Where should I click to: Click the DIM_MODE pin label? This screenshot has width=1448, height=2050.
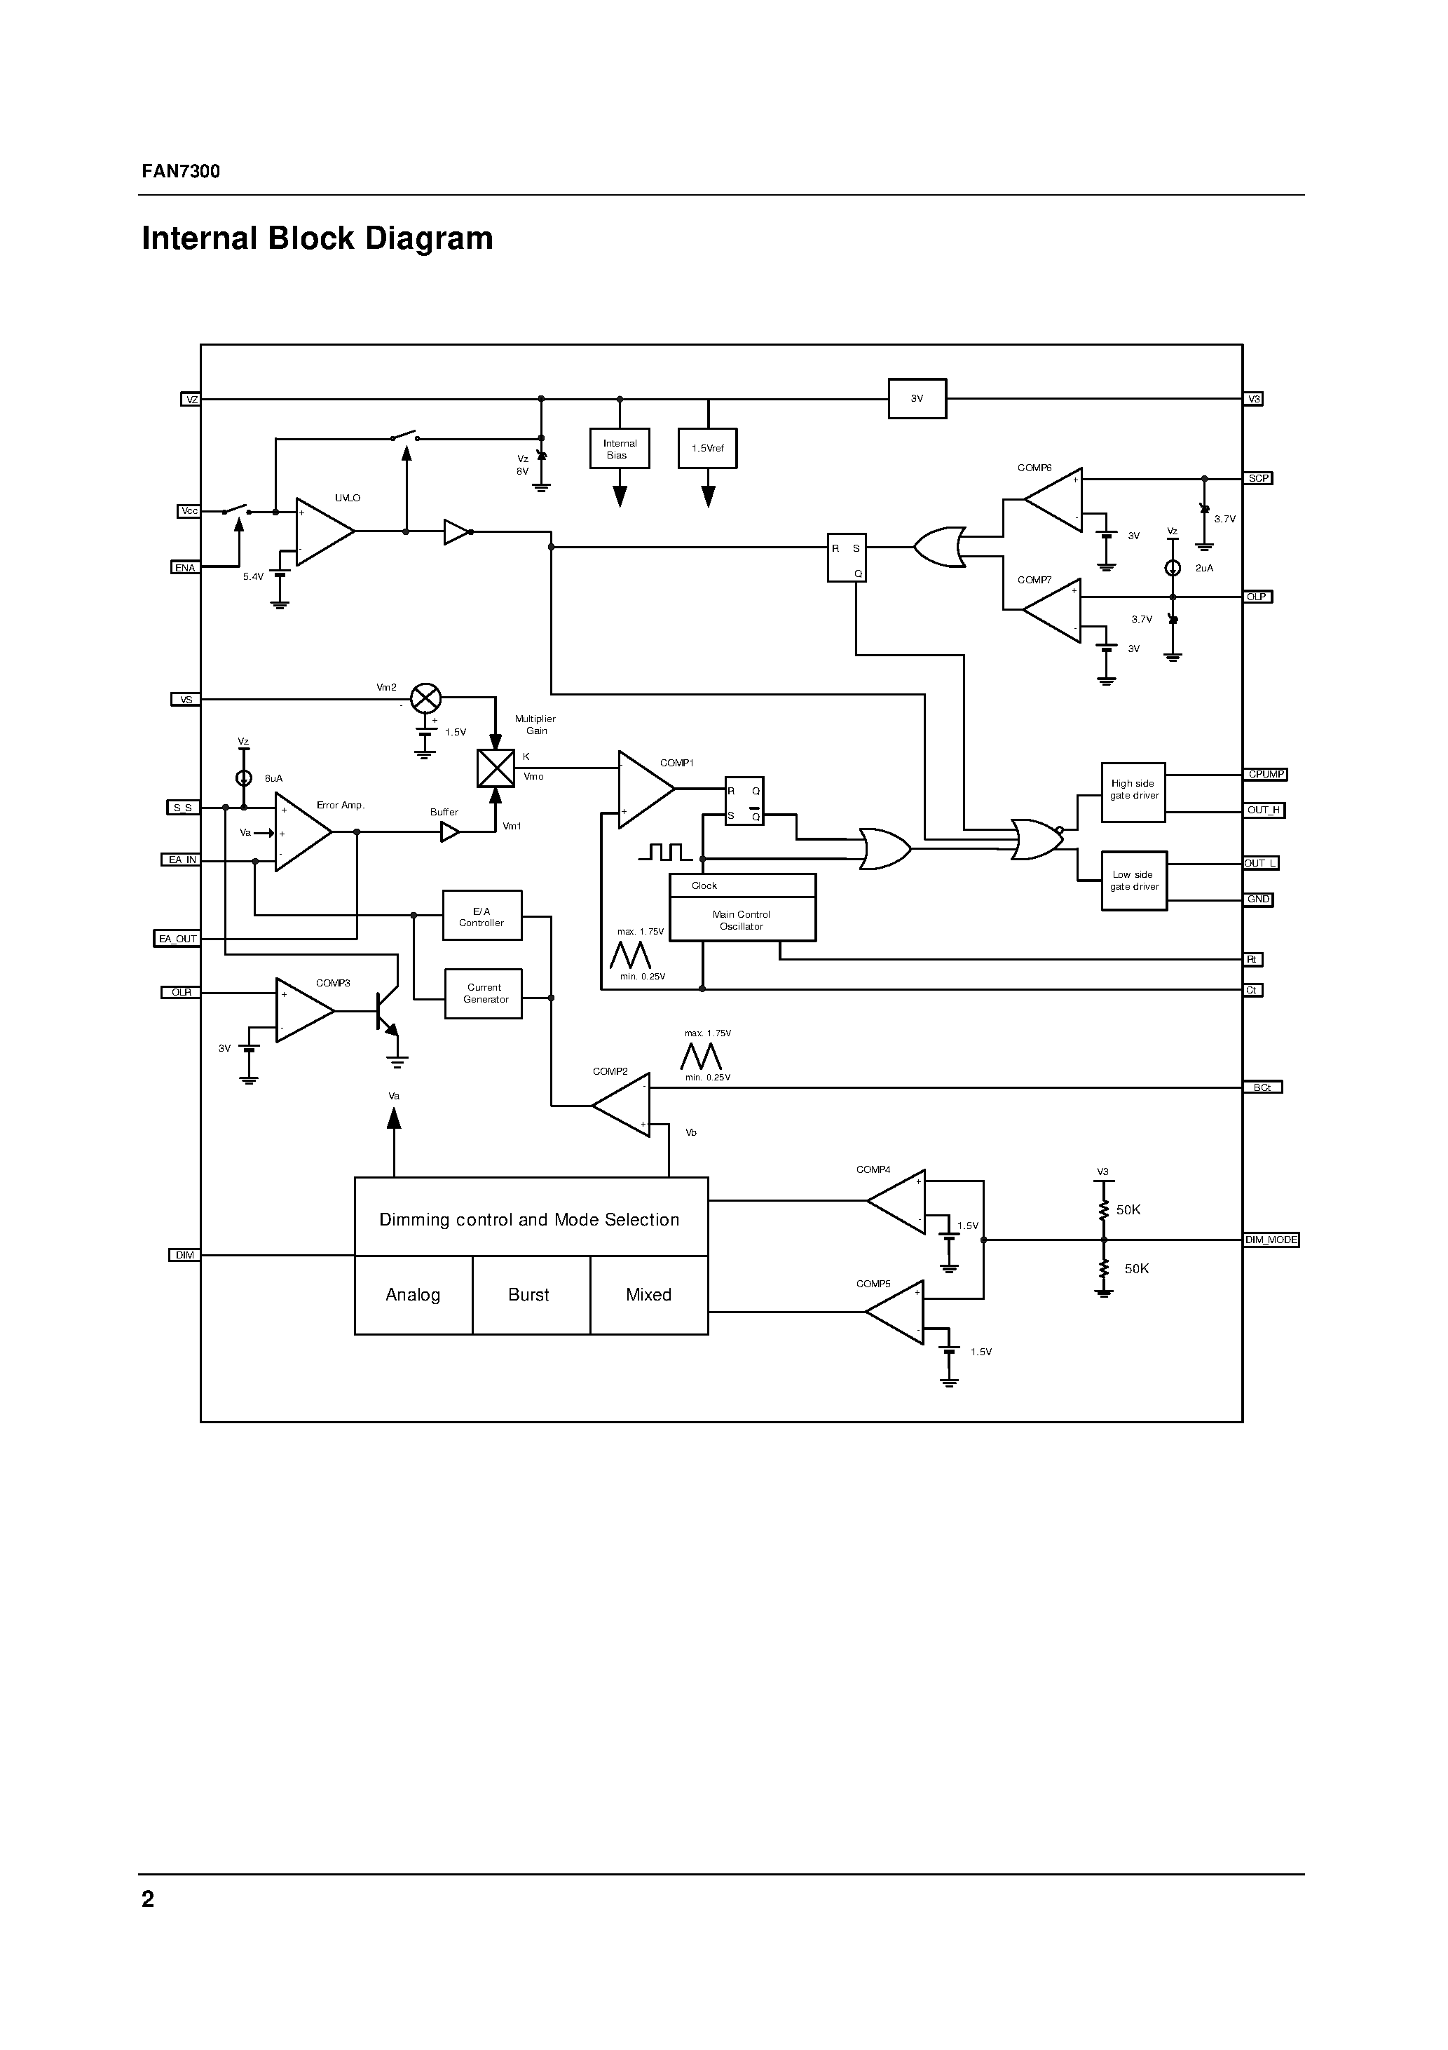point(1271,1240)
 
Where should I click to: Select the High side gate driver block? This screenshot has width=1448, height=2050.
point(1134,790)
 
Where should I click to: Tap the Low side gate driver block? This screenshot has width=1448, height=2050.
point(1134,881)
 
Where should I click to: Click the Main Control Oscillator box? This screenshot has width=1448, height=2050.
point(742,920)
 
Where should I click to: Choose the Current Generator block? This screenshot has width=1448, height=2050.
point(484,993)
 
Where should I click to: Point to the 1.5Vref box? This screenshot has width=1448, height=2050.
point(708,448)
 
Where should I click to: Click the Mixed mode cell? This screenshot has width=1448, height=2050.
point(649,1296)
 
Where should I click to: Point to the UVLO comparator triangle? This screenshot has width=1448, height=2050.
point(322,532)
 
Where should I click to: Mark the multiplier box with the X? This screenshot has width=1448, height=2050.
point(496,768)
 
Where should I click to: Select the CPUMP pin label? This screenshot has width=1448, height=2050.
point(1265,774)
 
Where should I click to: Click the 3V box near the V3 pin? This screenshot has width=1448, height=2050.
point(917,399)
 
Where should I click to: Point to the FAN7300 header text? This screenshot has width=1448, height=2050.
point(182,172)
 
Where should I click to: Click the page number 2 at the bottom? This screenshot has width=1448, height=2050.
point(148,1899)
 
